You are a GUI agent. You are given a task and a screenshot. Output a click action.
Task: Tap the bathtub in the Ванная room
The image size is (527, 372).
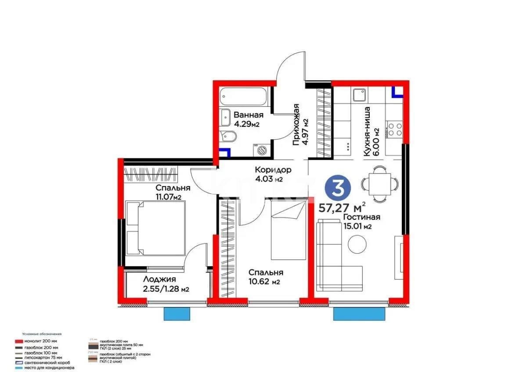pos(244,97)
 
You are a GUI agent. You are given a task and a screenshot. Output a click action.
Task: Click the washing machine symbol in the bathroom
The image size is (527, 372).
pos(261,150)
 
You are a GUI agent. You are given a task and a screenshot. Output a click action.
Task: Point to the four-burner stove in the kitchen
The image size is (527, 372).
pos(394,129)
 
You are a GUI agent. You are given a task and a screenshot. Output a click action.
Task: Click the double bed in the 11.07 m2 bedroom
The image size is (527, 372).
pos(156,228)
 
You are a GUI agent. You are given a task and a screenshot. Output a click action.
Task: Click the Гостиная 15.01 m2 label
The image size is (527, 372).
pos(361,222)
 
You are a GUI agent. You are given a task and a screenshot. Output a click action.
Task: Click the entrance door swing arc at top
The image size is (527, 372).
pos(290,66)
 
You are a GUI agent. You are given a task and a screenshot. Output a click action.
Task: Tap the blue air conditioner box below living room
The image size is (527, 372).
pos(361,315)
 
